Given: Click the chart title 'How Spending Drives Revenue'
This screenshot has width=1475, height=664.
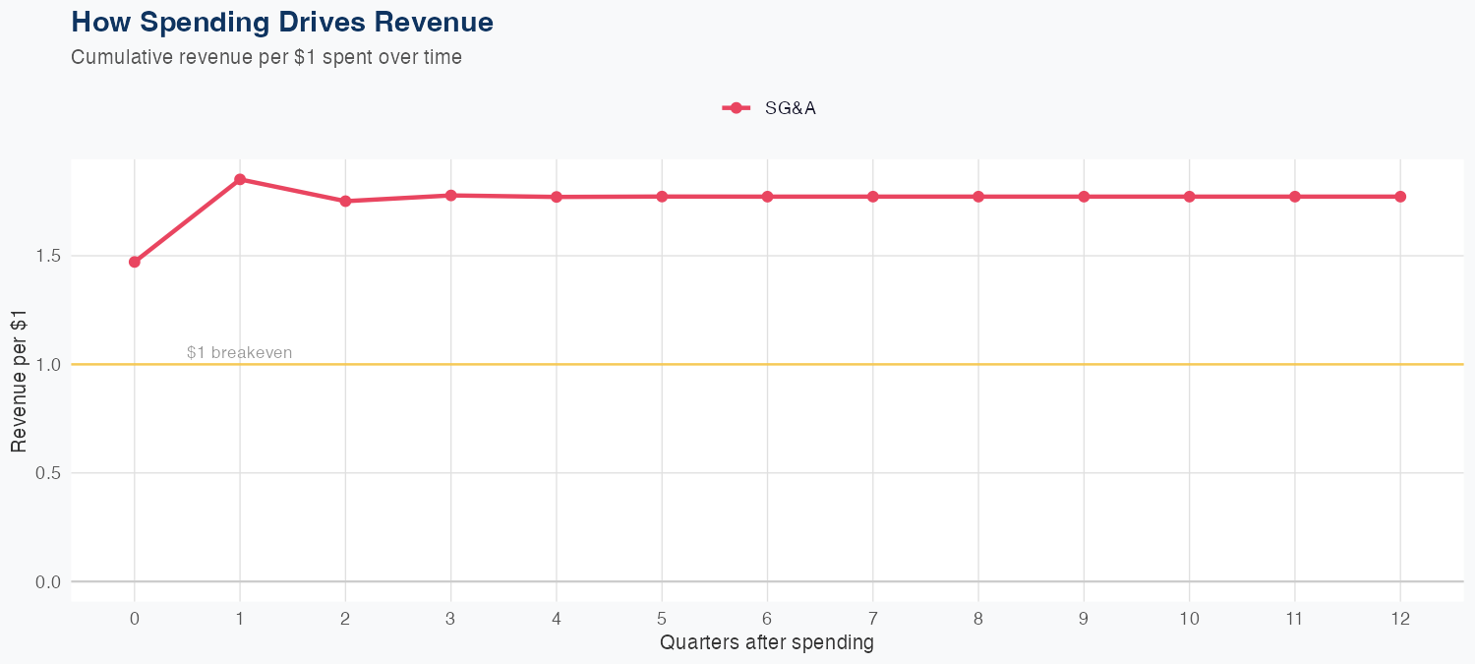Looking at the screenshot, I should pos(282,22).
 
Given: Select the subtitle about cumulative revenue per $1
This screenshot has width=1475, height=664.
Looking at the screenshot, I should pos(266,57).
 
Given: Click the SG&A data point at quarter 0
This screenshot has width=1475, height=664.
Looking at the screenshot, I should pos(135,262).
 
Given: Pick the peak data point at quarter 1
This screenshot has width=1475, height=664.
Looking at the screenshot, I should pos(240,179).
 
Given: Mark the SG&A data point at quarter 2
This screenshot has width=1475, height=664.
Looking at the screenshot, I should pos(345,201).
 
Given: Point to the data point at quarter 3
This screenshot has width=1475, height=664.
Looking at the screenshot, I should pos(451,195).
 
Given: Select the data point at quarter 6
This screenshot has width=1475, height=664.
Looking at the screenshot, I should pos(767,197).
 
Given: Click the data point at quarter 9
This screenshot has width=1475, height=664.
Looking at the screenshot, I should pos(1084,197).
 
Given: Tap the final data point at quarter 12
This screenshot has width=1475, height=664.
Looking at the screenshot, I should pos(1400,197).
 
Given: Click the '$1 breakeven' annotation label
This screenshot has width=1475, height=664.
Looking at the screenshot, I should pos(239,352).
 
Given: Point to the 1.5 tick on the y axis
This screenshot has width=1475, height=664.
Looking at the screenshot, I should pos(48,256).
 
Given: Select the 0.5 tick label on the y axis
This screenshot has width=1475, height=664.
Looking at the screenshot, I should pos(48,473).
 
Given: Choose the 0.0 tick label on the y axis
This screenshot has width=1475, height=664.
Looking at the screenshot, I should pos(48,582).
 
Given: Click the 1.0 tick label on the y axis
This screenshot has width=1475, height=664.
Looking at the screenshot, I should pos(48,365).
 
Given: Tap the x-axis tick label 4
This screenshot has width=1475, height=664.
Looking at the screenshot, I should pos(557,619).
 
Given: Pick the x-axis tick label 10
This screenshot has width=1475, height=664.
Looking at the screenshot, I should pos(1189,619).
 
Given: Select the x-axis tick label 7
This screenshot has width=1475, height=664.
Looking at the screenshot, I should pos(872,619).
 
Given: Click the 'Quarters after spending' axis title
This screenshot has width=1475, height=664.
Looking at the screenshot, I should pos(767,643).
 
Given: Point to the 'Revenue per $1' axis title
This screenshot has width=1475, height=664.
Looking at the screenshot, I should pos(19,381).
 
